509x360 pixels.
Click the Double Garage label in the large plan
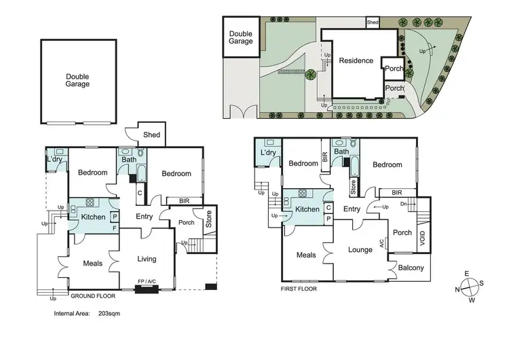coord(77,80)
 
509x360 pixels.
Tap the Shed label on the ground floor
coord(152,134)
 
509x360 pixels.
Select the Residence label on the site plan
coord(356,60)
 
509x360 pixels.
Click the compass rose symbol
coord(468,286)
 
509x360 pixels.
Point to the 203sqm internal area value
coord(109,314)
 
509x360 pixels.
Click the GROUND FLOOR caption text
coord(92,296)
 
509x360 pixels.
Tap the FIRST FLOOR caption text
coord(299,288)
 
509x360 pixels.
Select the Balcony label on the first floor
coord(411,268)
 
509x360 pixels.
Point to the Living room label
coord(147,259)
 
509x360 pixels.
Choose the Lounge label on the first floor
coord(360,249)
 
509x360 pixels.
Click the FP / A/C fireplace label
coord(147,281)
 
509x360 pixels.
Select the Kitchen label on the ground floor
coord(93,217)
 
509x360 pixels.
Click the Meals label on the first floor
coord(306,255)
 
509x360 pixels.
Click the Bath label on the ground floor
coord(128,160)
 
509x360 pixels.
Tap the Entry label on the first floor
coord(352,209)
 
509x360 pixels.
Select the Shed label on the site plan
coord(373,22)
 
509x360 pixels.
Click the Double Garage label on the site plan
coord(241,37)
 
